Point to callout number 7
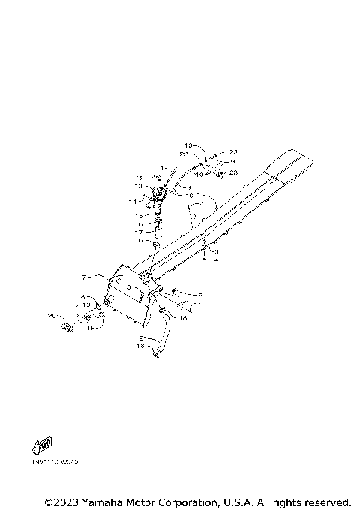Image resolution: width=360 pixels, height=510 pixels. point(85,278)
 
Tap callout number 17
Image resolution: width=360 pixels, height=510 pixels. point(139,232)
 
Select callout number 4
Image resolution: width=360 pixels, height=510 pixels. point(216,260)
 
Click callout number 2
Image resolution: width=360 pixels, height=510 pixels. point(200,203)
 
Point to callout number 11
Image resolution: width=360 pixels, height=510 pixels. point(160,168)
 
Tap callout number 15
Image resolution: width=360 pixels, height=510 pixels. point(139,214)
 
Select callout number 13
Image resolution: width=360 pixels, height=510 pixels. point(138,186)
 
